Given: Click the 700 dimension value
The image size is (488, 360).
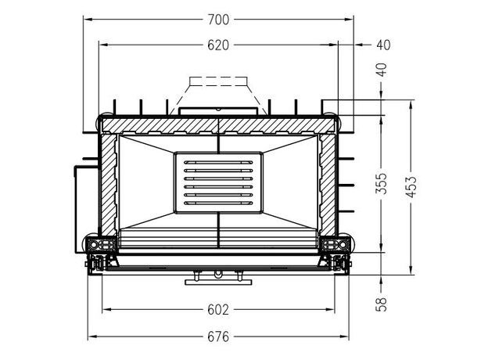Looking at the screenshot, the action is tap(218, 20).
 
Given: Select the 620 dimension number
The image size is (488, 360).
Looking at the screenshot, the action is tap(218, 45).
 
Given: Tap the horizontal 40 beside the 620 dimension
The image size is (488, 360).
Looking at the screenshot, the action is tap(383, 45).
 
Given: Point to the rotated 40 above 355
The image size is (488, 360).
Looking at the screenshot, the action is tap(382, 70).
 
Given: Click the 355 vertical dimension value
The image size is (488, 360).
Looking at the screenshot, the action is tap(382, 183).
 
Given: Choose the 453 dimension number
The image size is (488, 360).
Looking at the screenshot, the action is tap(411, 187).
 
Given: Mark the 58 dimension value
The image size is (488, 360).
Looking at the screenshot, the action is tap(382, 304).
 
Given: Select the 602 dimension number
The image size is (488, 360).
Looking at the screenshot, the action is tap(218, 310).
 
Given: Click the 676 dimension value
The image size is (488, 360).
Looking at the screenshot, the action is tap(218, 337).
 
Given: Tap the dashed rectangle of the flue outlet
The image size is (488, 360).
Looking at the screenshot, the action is tap(218, 81).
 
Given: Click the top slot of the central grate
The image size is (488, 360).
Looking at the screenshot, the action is tap(218, 163).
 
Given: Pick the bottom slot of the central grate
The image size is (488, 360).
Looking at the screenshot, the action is tap(218, 203).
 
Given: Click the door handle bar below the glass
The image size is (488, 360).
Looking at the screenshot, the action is tap(218, 283).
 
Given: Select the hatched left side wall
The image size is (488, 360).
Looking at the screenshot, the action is tap(109, 185).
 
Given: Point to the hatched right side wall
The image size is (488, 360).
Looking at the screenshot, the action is tap(328, 185).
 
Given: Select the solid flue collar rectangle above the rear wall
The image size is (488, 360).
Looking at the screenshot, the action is tap(218, 111).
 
